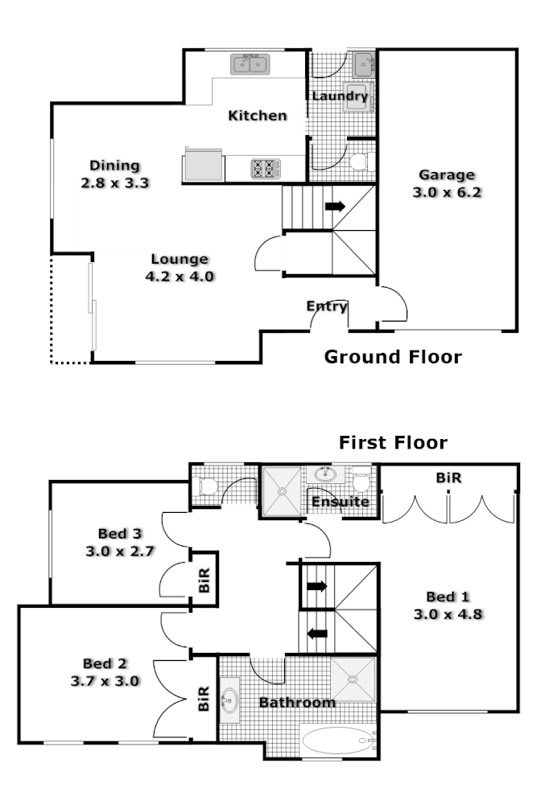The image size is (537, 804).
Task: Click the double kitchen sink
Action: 252,64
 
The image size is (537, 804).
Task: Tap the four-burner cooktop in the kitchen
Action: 265,168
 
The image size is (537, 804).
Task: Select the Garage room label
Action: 447,175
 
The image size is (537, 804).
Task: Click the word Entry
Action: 327,306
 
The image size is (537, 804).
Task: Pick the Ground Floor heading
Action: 393,357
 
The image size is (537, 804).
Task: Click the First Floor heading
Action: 393,442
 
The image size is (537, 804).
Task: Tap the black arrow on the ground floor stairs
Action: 334,207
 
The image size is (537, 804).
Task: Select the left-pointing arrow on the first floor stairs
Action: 317,633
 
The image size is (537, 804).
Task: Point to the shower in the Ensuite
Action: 281,489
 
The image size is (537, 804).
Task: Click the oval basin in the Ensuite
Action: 326,474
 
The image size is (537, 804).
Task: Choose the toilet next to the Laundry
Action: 359,161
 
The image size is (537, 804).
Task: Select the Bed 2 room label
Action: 105,663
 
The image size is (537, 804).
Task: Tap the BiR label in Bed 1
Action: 448,477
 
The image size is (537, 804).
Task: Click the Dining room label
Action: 114,166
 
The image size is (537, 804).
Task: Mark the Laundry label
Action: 340,96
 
